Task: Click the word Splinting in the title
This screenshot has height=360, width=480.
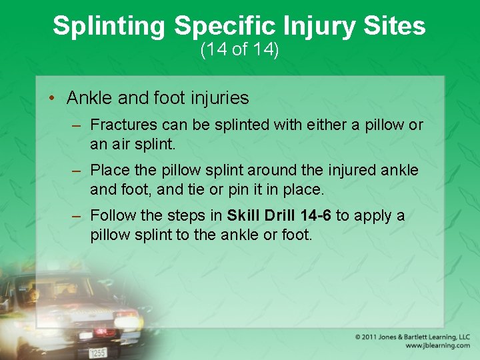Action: click(109, 26)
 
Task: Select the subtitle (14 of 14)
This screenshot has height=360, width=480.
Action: click(239, 50)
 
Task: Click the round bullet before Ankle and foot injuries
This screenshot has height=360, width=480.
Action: click(51, 99)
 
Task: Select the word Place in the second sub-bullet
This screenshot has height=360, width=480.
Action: click(108, 170)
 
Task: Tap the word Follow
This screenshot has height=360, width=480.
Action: click(111, 215)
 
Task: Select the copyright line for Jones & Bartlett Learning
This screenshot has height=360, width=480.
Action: click(412, 337)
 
